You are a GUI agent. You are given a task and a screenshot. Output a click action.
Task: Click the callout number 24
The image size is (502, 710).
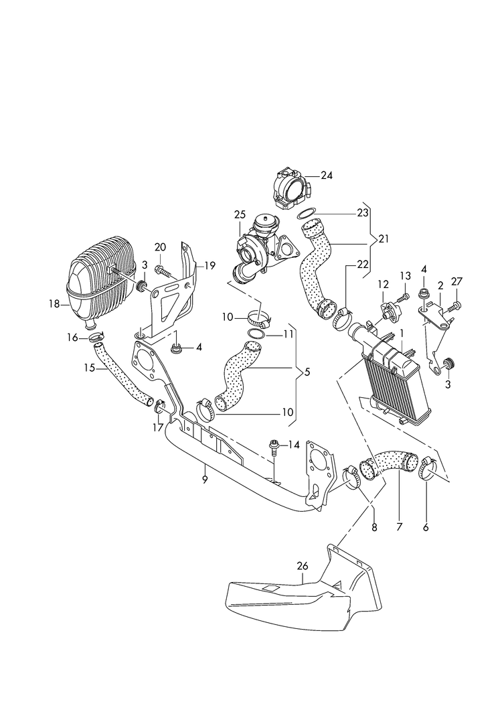tap(326, 176)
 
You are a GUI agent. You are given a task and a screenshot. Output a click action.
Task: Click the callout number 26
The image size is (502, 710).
tap(302, 566)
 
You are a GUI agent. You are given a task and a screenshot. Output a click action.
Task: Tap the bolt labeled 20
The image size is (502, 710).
tap(163, 271)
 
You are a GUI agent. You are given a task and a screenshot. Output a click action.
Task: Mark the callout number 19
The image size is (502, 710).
tap(210, 265)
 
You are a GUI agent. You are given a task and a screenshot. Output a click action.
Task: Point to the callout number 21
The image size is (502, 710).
tap(383, 239)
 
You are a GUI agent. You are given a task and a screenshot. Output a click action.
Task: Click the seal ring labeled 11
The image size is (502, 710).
tap(255, 334)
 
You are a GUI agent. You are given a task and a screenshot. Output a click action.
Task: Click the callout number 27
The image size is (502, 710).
tap(456, 282)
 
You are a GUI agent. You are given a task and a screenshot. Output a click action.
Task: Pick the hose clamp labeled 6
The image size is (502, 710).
tap(426, 472)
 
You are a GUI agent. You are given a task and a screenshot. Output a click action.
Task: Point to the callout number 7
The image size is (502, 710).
tap(399, 527)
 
